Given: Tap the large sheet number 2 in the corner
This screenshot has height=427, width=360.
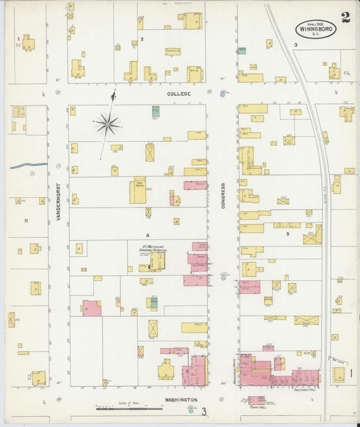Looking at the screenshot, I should [346, 18].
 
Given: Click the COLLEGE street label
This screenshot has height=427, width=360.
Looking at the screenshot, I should [180, 94].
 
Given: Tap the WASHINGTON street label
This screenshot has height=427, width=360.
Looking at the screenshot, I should [180, 400].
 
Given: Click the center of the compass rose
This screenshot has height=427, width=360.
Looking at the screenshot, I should [107, 124].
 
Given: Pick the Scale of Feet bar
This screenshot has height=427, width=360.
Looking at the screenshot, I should [120, 408].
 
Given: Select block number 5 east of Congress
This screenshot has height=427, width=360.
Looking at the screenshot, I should [287, 234].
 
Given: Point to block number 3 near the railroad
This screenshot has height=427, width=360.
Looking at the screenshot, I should [296, 45].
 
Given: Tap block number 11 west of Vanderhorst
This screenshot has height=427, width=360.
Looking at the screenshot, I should [26, 220].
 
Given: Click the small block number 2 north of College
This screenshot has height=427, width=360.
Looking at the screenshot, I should [142, 39].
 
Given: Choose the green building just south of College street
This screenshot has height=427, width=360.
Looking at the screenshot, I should [155, 111].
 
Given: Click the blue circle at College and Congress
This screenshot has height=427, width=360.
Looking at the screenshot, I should [222, 94].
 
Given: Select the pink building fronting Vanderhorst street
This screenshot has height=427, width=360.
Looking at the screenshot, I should [91, 308].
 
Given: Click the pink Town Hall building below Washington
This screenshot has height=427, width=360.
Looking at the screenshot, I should [256, 400].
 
